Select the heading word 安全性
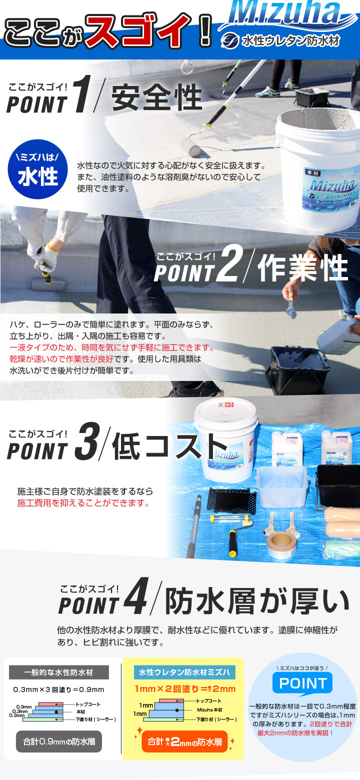[x=156, y=98]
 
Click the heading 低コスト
[x=166, y=446]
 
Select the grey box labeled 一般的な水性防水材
[x=59, y=672]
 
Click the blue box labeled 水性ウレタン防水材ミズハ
[x=184, y=672]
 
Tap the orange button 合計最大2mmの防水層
[x=184, y=742]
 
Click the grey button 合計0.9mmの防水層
[x=58, y=741]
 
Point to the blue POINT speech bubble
[x=302, y=683]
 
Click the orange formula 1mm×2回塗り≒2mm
[x=184, y=689]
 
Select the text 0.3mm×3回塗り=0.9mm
[x=58, y=690]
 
